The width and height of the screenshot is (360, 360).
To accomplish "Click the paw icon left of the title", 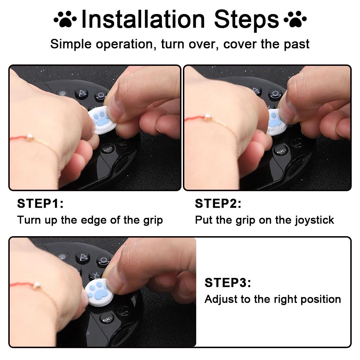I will (x=65, y=19).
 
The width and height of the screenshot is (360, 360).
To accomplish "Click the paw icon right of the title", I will (x=295, y=19).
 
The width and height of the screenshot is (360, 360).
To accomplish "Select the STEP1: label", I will (x=40, y=203).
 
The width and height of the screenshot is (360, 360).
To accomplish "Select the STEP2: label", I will (x=218, y=203).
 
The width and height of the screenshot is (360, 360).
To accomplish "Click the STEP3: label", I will (x=228, y=283).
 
